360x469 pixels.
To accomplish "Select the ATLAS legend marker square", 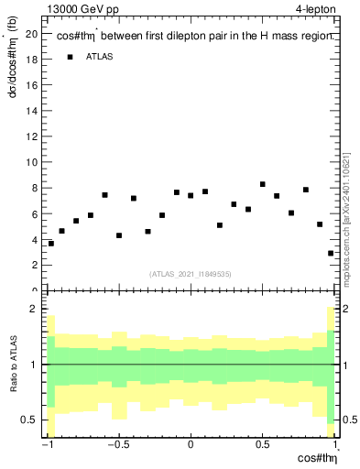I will (x=69, y=58).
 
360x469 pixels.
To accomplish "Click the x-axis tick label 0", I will (x=191, y=445).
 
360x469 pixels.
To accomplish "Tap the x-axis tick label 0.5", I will (x=262, y=445).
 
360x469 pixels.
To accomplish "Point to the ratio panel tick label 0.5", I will (x=31, y=420).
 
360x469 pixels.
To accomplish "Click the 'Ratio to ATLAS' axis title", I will (x=14, y=365).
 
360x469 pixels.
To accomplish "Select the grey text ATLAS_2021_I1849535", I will (x=191, y=273).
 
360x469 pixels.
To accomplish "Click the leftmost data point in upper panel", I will (x=51, y=244).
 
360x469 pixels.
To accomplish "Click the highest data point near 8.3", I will (x=263, y=185).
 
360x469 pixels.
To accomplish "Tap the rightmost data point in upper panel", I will (x=331, y=253).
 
